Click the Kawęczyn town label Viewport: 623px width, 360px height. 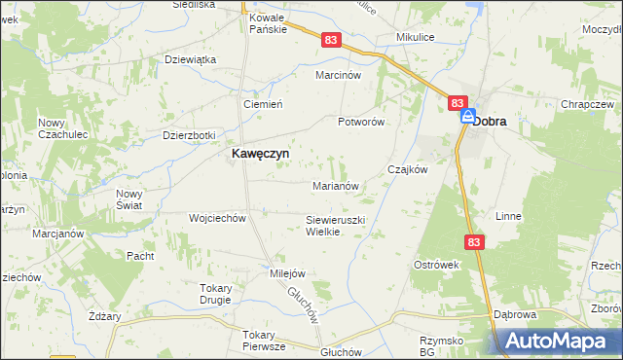point(258,154)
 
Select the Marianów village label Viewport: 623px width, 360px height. point(337,185)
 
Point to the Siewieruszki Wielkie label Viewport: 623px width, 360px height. point(335,226)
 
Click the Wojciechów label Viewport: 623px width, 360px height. point(217,218)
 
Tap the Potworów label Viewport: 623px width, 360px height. point(362,122)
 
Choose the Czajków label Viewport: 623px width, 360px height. point(409,168)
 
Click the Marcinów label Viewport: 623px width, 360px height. point(339,75)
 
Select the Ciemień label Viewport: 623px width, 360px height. point(262,104)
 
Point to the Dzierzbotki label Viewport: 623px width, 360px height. point(189,136)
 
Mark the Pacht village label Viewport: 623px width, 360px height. point(140,256)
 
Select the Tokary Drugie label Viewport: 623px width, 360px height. point(215,294)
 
